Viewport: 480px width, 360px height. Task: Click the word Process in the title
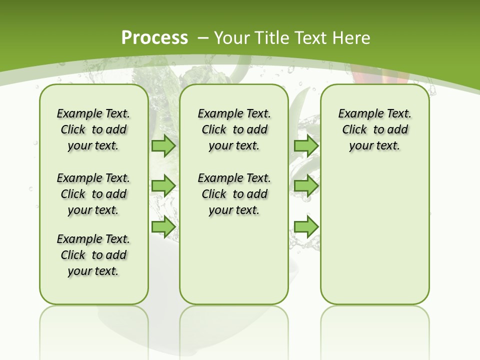coord(154,37)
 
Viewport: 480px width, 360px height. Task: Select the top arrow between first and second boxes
coord(163,146)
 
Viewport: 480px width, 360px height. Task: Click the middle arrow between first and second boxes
coord(163,186)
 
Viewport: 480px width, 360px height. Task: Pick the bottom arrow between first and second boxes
coord(163,226)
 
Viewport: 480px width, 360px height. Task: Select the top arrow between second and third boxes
coord(306,146)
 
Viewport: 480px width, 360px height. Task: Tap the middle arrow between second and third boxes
coord(306,186)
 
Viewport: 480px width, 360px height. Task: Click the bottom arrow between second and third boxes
coord(306,226)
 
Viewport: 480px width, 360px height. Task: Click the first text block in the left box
coord(93,129)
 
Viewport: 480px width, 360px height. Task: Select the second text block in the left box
coord(93,194)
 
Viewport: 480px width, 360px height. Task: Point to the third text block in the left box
coord(93,255)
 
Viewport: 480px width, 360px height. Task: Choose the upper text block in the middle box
coord(234,129)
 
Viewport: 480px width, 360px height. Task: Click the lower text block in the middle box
coord(234,194)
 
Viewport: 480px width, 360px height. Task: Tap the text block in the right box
coord(374,129)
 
